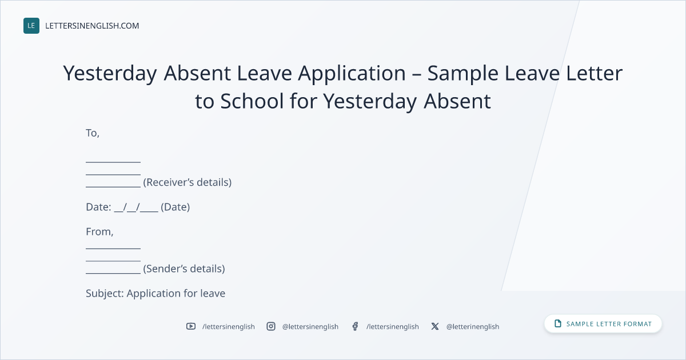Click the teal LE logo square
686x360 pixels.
pos(31,26)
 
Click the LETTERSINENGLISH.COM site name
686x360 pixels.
pos(92,26)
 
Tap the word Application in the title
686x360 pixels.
pos(352,74)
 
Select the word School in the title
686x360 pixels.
pos(252,101)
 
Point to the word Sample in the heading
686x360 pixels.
pos(462,74)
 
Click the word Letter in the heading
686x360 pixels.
pos(594,74)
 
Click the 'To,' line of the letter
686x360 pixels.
pos(93,133)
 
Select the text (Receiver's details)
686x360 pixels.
pos(188,182)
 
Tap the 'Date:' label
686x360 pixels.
pos(98,207)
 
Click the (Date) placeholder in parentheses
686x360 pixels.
pos(175,207)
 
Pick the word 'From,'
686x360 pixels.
pos(99,232)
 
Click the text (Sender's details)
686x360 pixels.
pos(184,269)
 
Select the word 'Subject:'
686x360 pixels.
pos(105,293)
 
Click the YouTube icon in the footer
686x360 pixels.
pos(191,326)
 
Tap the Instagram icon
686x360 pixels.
pos(271,326)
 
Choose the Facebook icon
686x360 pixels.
pos(355,326)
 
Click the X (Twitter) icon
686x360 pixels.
pos(435,326)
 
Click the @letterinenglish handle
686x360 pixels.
pos(473,327)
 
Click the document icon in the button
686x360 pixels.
pos(558,323)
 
